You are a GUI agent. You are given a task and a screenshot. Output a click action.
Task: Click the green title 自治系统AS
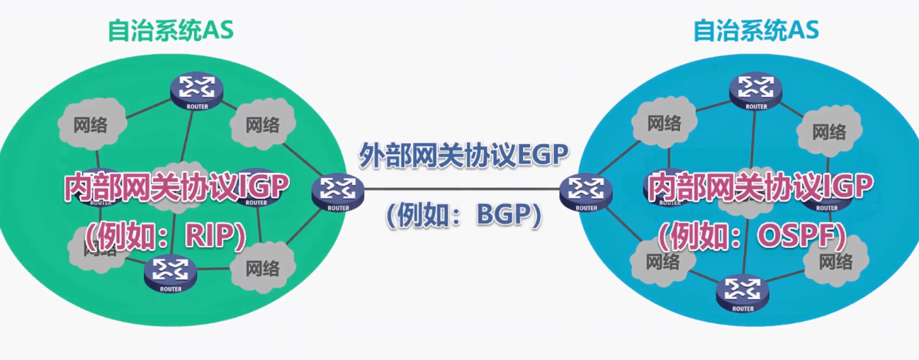[x=170, y=30]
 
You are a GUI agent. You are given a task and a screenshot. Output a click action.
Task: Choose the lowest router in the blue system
[x=743, y=291]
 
